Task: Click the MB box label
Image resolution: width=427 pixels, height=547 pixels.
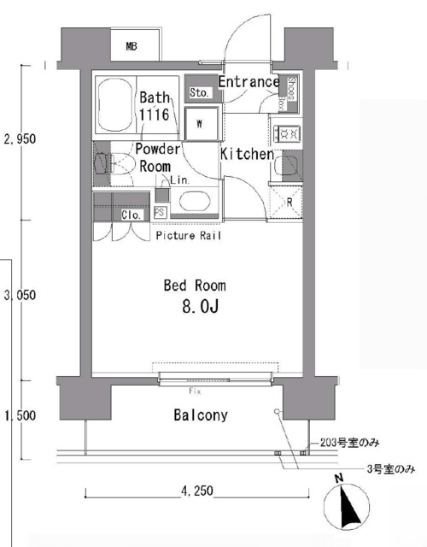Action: click(x=132, y=46)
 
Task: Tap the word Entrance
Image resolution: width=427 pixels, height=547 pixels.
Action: click(x=249, y=82)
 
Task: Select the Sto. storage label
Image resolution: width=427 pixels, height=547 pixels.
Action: click(x=200, y=92)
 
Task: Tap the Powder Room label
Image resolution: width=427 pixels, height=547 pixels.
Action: click(x=158, y=157)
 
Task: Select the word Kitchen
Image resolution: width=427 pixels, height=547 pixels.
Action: click(x=247, y=155)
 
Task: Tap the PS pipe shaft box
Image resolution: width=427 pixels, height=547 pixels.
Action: click(x=160, y=214)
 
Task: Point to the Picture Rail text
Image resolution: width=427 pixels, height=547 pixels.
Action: click(x=189, y=235)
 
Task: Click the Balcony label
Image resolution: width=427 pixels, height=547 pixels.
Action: click(x=200, y=416)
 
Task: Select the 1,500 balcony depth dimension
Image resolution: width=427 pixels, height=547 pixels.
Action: click(x=20, y=416)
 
